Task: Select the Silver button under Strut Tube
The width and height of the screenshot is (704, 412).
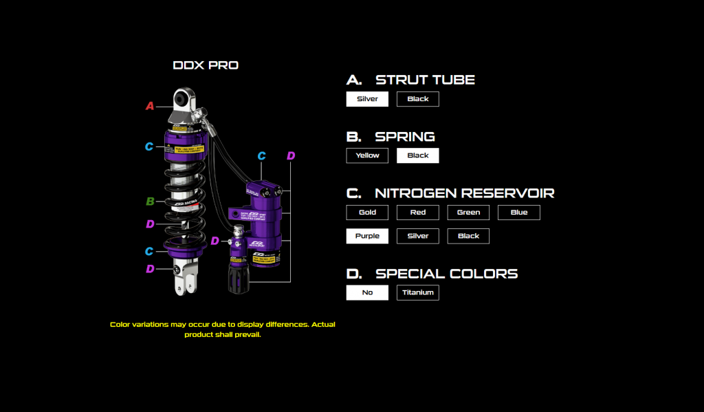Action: point(367,99)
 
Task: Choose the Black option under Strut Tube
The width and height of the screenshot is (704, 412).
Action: point(417,99)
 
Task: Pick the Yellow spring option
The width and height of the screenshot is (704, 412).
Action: point(367,155)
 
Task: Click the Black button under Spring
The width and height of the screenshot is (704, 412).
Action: point(417,155)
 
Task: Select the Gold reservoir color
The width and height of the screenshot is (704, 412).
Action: point(367,213)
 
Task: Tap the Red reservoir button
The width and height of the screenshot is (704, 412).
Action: point(417,213)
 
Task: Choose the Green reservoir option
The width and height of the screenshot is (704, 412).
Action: point(468,213)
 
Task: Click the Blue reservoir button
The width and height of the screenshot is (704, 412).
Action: point(519,213)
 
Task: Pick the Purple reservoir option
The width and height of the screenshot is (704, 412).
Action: point(367,236)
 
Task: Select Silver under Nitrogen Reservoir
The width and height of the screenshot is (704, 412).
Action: point(417,236)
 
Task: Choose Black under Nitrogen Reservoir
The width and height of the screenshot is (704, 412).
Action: point(468,236)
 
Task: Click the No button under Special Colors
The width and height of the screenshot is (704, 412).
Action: point(367,292)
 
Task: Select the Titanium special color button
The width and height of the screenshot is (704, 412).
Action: point(417,292)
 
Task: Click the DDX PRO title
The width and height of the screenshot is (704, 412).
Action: point(206,66)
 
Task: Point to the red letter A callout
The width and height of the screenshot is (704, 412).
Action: point(149,106)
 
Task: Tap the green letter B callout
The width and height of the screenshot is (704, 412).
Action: point(149,202)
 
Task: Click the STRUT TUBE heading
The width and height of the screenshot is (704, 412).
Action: point(425,80)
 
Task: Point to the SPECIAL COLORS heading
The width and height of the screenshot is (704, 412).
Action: point(446,274)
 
